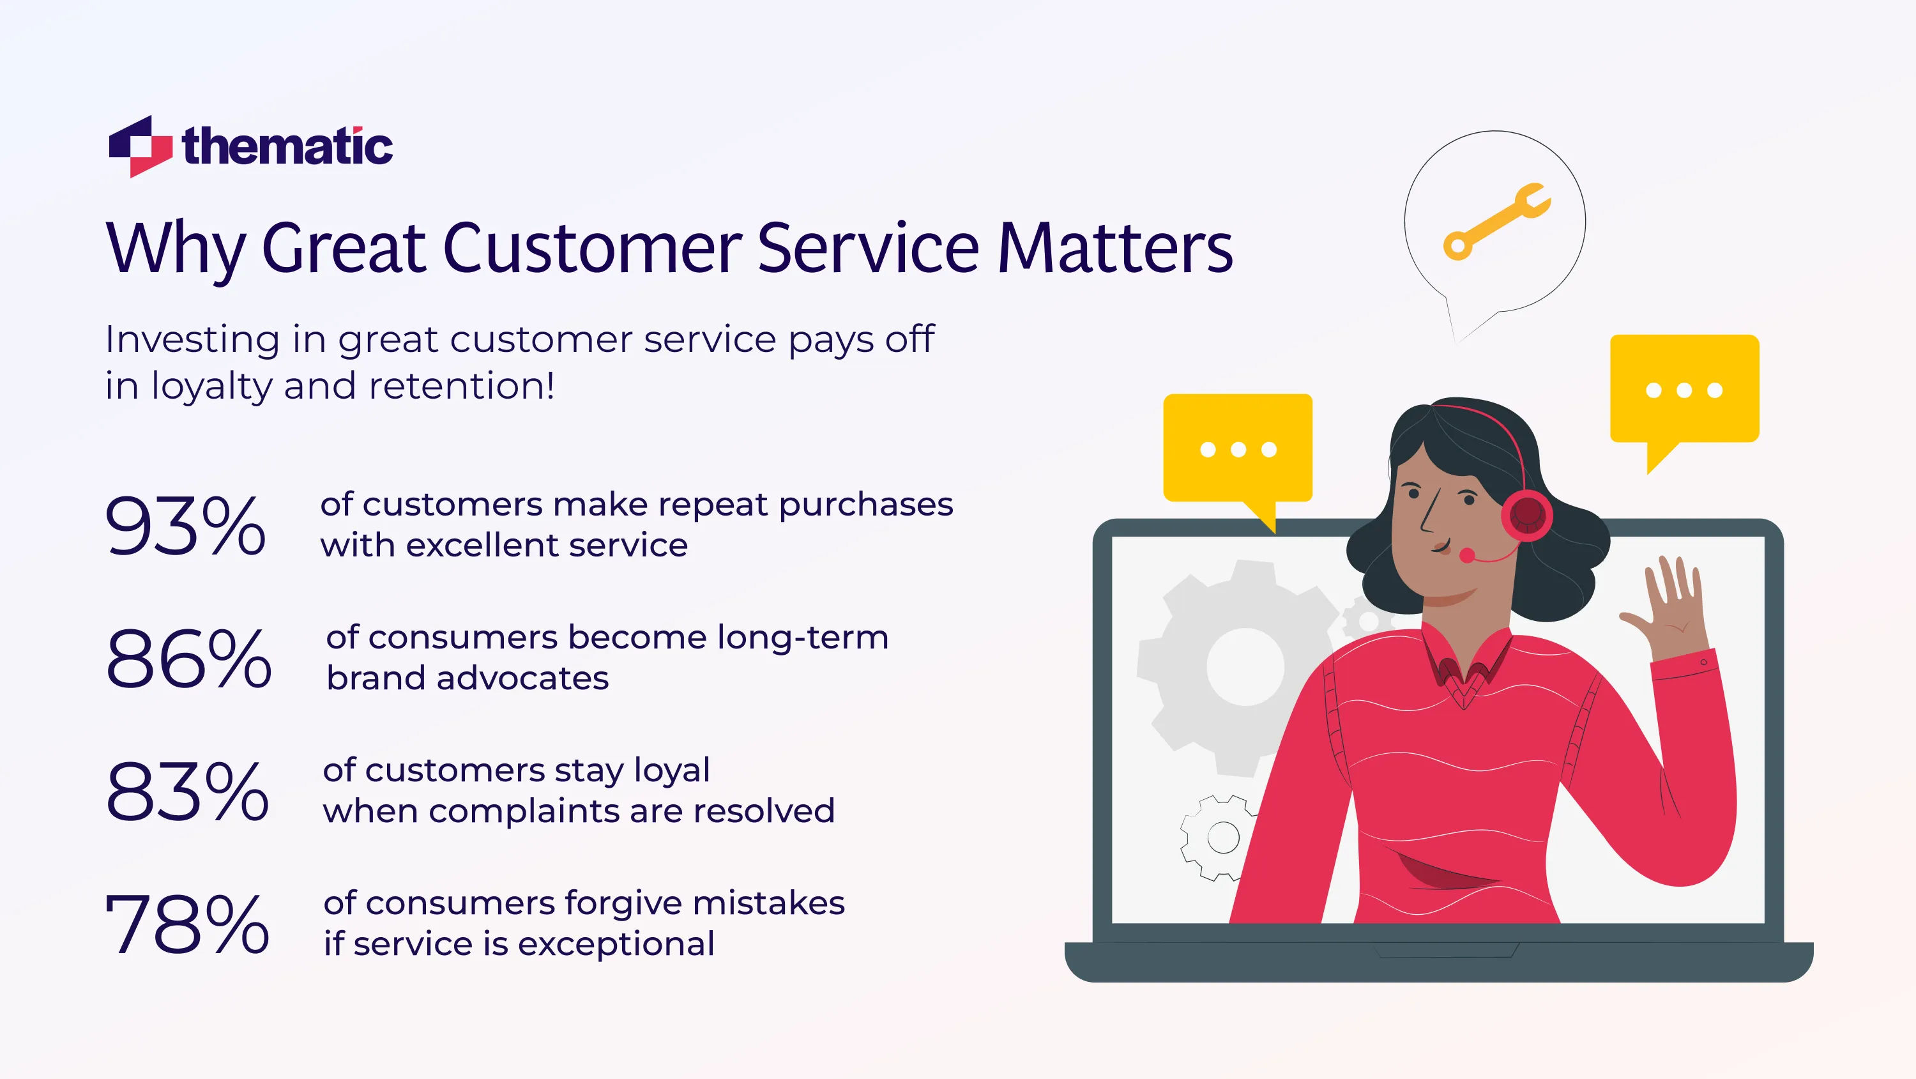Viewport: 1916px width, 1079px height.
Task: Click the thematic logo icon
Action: [x=140, y=146]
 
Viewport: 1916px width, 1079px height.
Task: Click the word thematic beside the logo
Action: [x=287, y=146]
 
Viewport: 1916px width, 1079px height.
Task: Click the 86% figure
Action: [x=188, y=658]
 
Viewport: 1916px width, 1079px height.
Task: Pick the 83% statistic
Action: [x=186, y=791]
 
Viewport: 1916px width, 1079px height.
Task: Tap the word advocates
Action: [x=522, y=678]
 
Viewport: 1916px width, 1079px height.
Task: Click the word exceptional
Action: [x=616, y=944]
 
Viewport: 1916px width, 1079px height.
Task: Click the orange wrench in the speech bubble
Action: [x=1496, y=221]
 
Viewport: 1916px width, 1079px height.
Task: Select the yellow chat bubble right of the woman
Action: [x=1684, y=390]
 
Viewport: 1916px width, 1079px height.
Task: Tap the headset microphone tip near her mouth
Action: [x=1467, y=555]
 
